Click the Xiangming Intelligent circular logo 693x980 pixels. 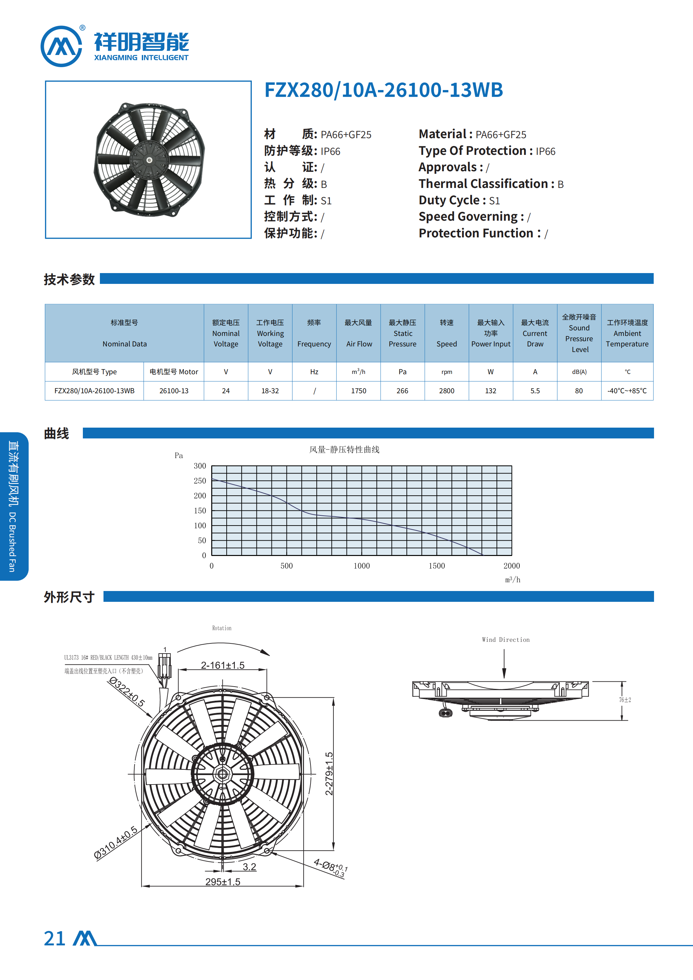click(61, 46)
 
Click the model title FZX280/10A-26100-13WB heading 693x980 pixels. click(384, 90)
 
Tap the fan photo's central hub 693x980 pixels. click(149, 160)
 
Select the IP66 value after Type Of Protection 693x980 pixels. click(545, 152)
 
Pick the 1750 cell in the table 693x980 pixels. click(359, 391)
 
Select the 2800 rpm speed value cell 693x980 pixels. click(447, 391)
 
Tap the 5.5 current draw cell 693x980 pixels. click(535, 391)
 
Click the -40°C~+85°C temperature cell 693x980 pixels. click(627, 391)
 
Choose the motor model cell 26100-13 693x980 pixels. click(174, 391)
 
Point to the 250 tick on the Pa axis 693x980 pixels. click(200, 481)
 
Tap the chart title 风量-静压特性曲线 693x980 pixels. click(344, 450)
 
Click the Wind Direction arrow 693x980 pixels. click(504, 663)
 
